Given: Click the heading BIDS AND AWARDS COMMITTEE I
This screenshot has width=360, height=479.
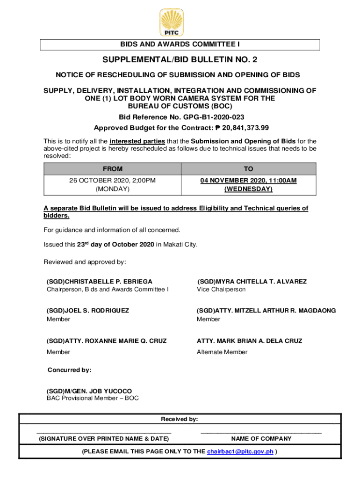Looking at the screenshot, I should pos(180,44).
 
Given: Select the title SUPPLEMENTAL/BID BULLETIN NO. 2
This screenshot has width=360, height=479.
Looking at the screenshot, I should pos(180,60).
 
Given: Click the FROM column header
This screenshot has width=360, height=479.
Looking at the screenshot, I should pos(113,169).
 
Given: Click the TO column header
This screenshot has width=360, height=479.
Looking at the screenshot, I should pos(248,169).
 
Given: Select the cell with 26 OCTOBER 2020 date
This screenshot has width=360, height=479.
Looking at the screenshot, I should pos(113,185).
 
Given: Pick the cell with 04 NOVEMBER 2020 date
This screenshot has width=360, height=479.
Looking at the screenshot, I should pos(248,185).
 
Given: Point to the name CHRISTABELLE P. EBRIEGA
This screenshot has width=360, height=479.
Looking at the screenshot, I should pos(108,282).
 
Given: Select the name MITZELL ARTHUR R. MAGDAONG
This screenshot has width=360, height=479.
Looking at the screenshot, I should pos(275,311).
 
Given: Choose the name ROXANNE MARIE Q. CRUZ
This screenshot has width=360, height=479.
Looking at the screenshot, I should pos(115,341).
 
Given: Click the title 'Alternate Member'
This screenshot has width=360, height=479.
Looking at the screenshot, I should pos(222,352).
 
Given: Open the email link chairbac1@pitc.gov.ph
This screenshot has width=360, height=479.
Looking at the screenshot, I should pos(240,452).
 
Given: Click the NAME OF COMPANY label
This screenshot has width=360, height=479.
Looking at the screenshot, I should pos(261,439).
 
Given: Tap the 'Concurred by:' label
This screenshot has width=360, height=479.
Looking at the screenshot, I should pos(70,370).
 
